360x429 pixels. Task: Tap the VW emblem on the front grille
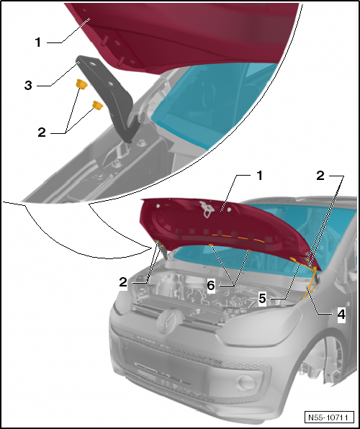(x=167, y=321)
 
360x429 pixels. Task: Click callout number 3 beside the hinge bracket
(x=29, y=86)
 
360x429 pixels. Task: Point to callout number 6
(x=211, y=286)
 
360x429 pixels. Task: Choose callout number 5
(x=263, y=299)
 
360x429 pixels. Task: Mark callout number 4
(x=341, y=315)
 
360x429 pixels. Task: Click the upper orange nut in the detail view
(x=81, y=83)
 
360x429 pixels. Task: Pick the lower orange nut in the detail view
(x=97, y=105)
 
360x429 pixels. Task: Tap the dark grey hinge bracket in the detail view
(x=109, y=93)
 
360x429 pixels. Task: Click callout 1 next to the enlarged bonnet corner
(x=38, y=42)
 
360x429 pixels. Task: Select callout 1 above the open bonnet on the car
(x=259, y=176)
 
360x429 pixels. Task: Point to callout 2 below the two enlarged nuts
(x=42, y=132)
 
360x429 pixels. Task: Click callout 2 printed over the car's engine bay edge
(x=123, y=282)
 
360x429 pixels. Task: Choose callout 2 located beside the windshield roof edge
(x=320, y=176)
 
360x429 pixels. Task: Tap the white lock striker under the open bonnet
(x=207, y=209)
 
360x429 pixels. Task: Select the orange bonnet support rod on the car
(x=310, y=284)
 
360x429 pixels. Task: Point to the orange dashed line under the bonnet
(x=238, y=238)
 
